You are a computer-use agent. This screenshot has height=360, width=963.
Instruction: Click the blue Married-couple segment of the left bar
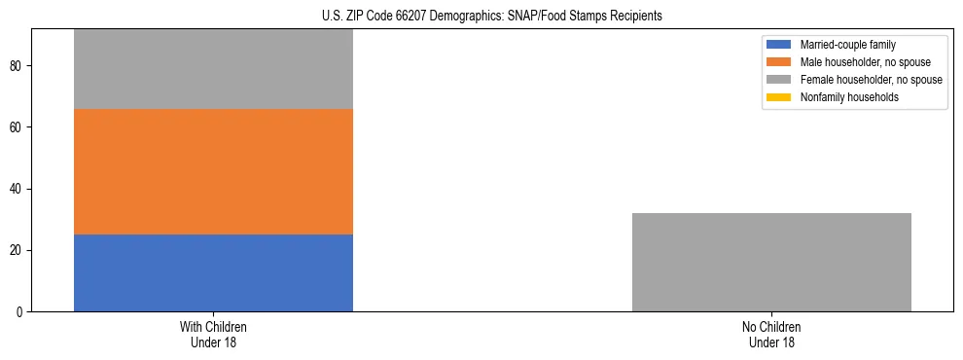pyautogui.click(x=213, y=272)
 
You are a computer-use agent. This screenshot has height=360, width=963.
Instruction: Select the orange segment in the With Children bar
pyautogui.click(x=213, y=171)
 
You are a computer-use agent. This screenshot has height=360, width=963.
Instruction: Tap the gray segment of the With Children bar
pyautogui.click(x=213, y=69)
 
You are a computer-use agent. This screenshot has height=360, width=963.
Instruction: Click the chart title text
pyautogui.click(x=491, y=16)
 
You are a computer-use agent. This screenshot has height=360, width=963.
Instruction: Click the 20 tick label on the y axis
pyautogui.click(x=18, y=250)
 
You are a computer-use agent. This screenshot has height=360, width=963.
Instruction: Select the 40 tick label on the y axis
pyautogui.click(x=18, y=189)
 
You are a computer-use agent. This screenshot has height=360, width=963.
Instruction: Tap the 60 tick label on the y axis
pyautogui.click(x=18, y=126)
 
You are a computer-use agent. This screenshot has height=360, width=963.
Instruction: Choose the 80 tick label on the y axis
pyautogui.click(x=18, y=65)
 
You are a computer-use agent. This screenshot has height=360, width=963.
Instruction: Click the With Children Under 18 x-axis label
pyautogui.click(x=213, y=335)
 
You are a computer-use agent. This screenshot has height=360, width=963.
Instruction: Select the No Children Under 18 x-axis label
pyautogui.click(x=771, y=335)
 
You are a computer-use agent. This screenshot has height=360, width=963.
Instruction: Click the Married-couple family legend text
pyautogui.click(x=847, y=45)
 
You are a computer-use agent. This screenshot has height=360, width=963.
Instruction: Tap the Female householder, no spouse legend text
pyautogui.click(x=871, y=80)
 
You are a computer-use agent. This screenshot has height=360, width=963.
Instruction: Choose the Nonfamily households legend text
pyautogui.click(x=847, y=97)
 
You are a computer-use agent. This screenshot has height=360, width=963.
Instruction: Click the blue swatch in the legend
pyautogui.click(x=779, y=45)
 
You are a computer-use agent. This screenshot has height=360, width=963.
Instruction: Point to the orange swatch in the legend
pyautogui.click(x=779, y=62)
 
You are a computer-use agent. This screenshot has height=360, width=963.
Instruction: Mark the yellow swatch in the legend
pyautogui.click(x=779, y=97)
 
